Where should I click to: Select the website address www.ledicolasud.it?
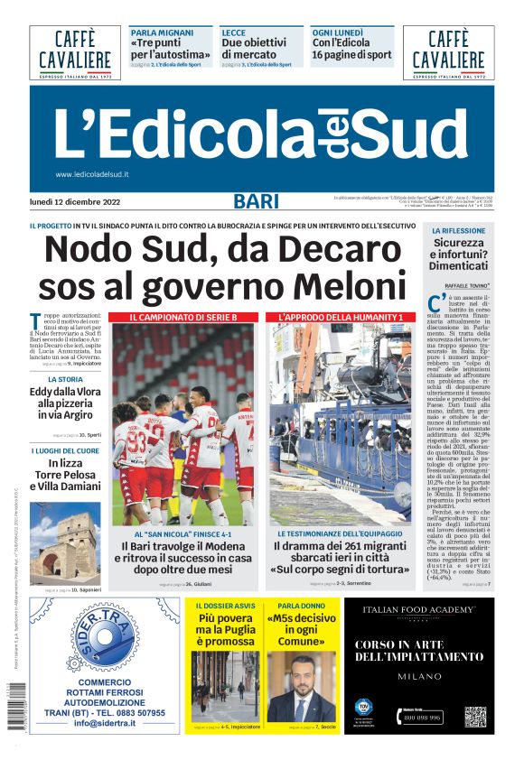tap(92, 174)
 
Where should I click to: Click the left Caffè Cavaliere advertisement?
tap(74, 52)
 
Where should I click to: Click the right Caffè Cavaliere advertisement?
tap(448, 52)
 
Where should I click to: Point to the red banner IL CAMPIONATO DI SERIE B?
tap(182, 318)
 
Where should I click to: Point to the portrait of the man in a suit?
tap(302, 686)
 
